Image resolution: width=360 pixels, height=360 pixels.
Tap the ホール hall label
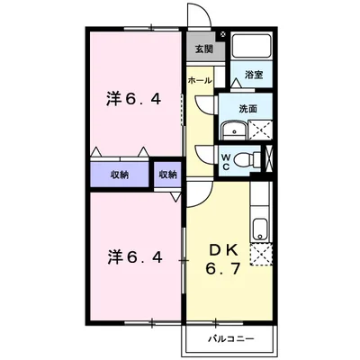(x=200, y=80)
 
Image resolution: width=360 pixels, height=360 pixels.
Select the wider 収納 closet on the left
(x=119, y=174)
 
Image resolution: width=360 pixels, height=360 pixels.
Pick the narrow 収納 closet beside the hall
(x=168, y=174)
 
